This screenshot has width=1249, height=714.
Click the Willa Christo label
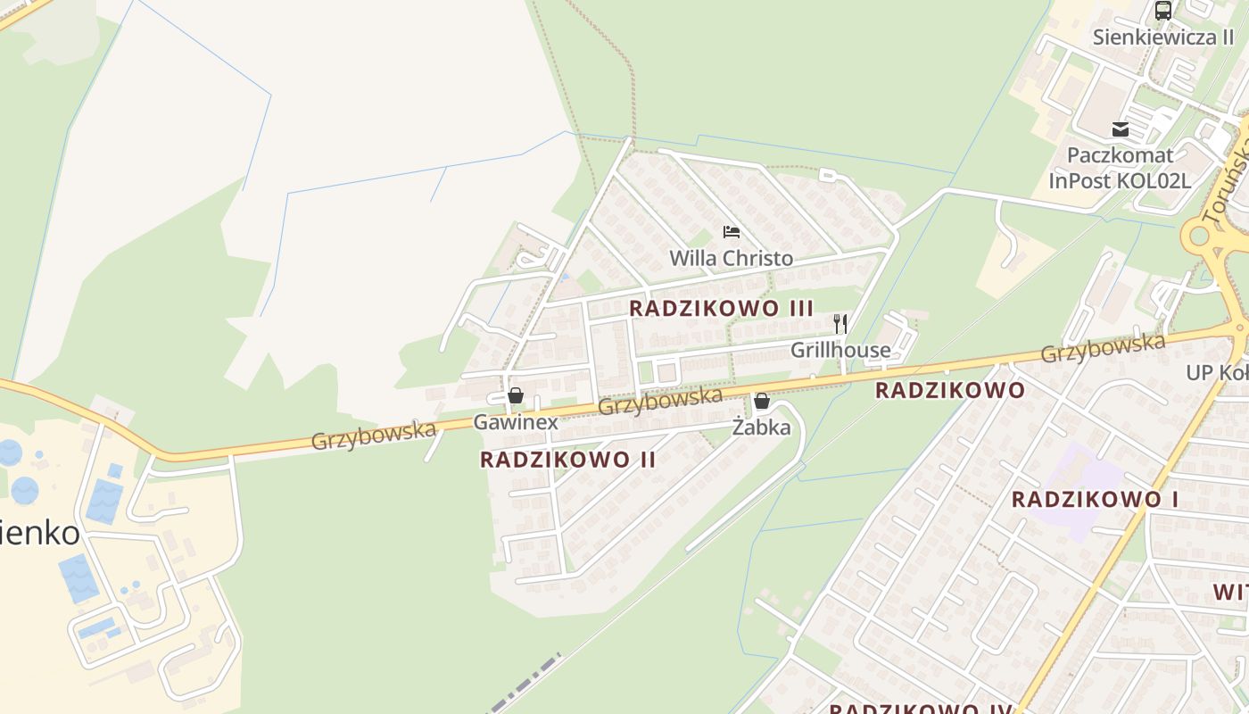click(x=731, y=259)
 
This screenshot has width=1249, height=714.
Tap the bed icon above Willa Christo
click(x=732, y=232)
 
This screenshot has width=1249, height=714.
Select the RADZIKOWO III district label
click(x=721, y=308)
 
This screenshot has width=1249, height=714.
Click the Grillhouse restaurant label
click(x=840, y=350)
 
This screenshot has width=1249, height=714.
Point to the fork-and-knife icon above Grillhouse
click(x=840, y=323)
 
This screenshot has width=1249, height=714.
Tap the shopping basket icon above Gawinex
click(x=515, y=395)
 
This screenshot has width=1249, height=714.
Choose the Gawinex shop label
click(x=516, y=422)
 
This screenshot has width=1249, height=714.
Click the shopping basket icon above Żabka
click(x=761, y=402)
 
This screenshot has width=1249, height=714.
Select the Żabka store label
click(x=761, y=428)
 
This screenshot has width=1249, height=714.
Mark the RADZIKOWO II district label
click(x=568, y=460)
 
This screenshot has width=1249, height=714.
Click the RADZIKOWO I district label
click(x=1095, y=500)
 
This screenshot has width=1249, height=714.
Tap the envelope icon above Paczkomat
click(x=1121, y=130)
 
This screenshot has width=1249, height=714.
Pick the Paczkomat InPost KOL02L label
click(x=1121, y=168)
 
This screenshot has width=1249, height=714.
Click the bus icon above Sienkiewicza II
click(x=1162, y=11)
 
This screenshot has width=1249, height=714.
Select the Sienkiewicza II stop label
click(x=1162, y=37)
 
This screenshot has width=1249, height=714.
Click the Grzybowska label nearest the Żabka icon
click(x=659, y=401)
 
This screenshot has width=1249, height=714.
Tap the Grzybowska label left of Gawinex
click(x=374, y=436)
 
